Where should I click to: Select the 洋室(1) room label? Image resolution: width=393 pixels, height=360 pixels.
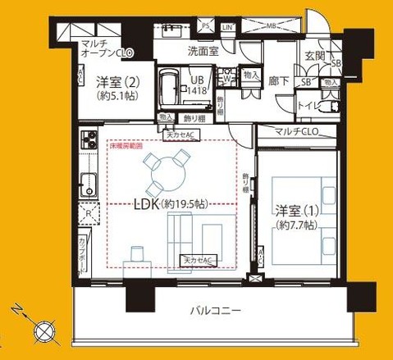(297, 216)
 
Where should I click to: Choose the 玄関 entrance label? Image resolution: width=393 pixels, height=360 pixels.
(317, 55)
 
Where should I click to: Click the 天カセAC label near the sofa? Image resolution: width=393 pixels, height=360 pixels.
(197, 261)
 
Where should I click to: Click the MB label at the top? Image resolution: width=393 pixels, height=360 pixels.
(270, 26)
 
